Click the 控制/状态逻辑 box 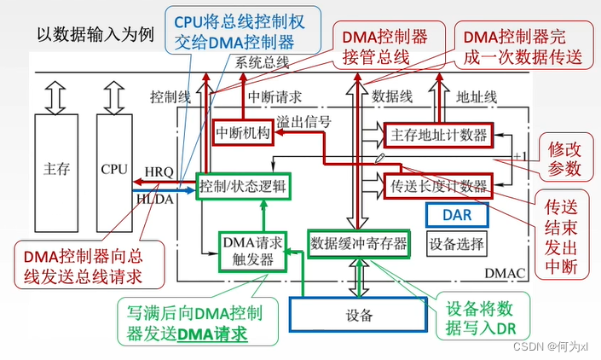[x=242, y=186]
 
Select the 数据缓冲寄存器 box [x=358, y=243]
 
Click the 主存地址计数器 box [x=437, y=135]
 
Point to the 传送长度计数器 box [x=437, y=186]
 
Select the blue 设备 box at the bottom [x=359, y=313]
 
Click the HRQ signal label [x=158, y=171]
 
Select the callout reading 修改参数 [x=564, y=156]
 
